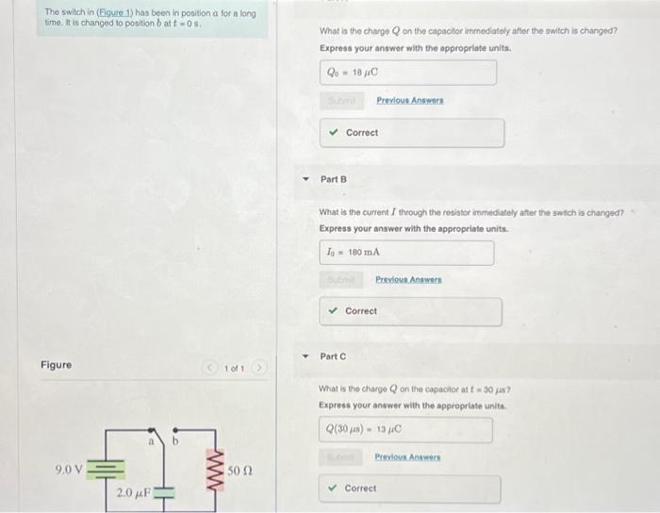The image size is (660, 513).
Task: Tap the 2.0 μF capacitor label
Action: tap(131, 493)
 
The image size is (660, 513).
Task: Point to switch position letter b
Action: tap(172, 440)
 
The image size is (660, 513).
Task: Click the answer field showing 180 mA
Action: tap(405, 252)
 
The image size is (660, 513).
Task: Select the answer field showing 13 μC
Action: tap(405, 430)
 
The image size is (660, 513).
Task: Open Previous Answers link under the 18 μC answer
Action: tap(409, 100)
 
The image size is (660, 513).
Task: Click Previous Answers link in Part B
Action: tap(408, 279)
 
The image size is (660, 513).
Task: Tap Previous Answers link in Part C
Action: tap(407, 457)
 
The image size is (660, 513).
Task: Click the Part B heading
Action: tap(334, 178)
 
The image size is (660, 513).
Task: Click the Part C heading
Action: tap(334, 356)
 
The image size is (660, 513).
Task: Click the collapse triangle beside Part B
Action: tap(304, 178)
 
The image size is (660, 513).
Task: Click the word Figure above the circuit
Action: tap(57, 365)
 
